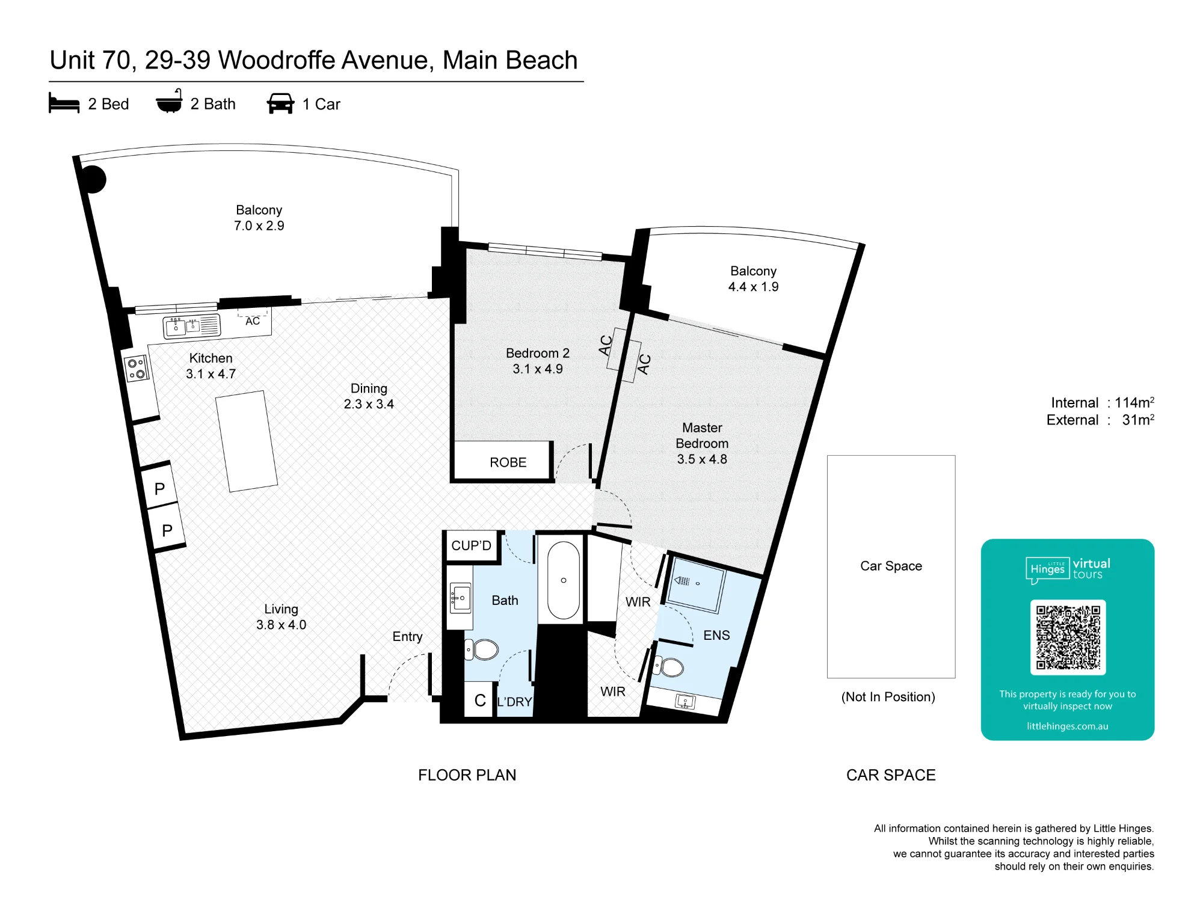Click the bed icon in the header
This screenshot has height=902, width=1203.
(x=64, y=103)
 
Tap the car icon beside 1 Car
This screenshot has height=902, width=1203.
(x=280, y=103)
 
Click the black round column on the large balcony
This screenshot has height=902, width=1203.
(x=93, y=179)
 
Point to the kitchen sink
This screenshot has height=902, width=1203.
(x=192, y=326)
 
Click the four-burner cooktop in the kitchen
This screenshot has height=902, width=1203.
(x=137, y=368)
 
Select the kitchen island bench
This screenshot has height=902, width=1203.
(x=247, y=441)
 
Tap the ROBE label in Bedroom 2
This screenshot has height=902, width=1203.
(x=508, y=462)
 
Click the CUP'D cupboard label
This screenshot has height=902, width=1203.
(x=471, y=545)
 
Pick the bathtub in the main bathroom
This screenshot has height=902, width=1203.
(x=564, y=580)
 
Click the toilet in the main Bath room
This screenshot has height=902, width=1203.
(x=482, y=649)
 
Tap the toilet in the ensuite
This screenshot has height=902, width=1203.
(x=669, y=667)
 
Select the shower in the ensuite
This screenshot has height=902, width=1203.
(x=696, y=584)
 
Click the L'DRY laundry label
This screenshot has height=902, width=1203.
(x=514, y=702)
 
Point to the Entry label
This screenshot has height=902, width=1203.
(x=407, y=637)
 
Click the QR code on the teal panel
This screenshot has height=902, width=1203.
(x=1068, y=637)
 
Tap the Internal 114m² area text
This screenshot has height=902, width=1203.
(x=1103, y=402)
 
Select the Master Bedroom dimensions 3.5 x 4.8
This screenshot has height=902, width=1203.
(x=702, y=459)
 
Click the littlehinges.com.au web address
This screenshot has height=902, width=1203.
(x=1068, y=726)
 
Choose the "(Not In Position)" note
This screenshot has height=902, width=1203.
(x=888, y=697)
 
